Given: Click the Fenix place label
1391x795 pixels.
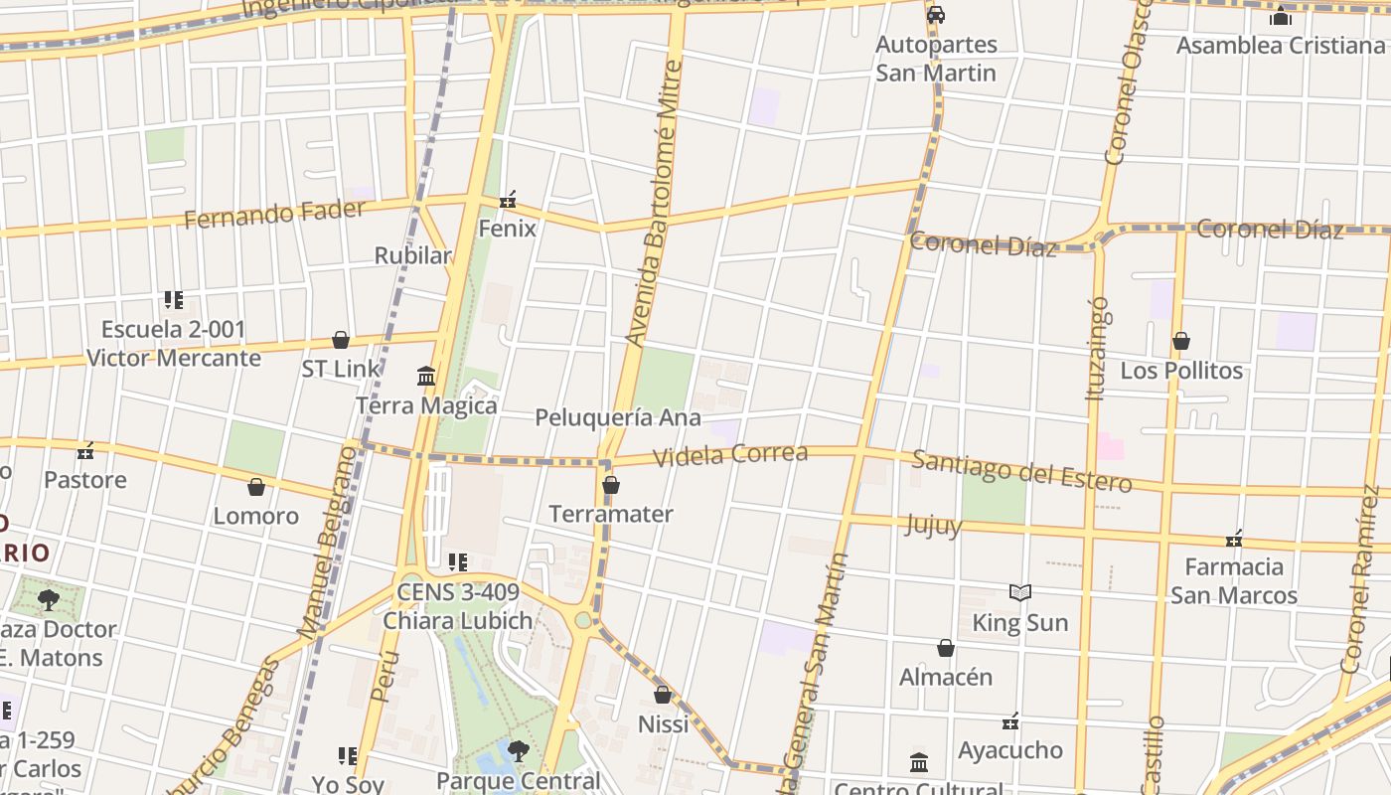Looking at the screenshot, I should point(507,229).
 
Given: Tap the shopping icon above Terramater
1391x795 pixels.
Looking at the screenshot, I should point(611,486).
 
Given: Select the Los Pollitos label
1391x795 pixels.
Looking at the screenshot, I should point(1181,371).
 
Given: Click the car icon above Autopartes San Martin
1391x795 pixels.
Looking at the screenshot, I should point(935,15).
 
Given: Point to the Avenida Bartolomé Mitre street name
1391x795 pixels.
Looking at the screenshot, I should point(653,203).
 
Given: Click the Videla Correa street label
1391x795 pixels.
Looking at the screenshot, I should point(730,455).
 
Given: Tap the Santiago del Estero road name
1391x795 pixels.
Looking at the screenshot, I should point(1021,471).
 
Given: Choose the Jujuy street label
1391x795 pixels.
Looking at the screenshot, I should point(933,525).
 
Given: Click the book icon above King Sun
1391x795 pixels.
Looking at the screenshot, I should point(1020,593).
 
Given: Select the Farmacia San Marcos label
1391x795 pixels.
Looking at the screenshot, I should point(1234,580).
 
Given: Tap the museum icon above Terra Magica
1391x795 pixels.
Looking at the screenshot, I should point(426,377).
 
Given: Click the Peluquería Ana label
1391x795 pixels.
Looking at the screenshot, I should point(618,417).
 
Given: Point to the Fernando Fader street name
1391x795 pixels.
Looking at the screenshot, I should point(274,214).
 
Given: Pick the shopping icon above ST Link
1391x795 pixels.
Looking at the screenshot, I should point(341,341).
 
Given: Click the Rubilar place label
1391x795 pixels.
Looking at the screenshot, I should point(412,255).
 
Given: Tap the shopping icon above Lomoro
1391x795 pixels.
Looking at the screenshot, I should point(256,487).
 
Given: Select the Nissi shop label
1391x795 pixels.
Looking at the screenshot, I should point(663,724).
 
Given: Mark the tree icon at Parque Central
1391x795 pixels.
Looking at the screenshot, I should point(518,751).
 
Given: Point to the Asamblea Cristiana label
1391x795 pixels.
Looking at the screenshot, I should point(1280,46).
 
